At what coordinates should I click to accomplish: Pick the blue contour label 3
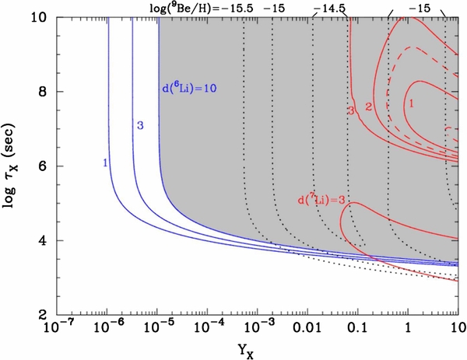pos(140,125)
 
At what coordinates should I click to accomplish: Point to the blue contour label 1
pos(104,163)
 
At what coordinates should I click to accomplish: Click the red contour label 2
pos(369,105)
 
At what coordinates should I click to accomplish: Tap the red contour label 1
pos(410,101)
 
